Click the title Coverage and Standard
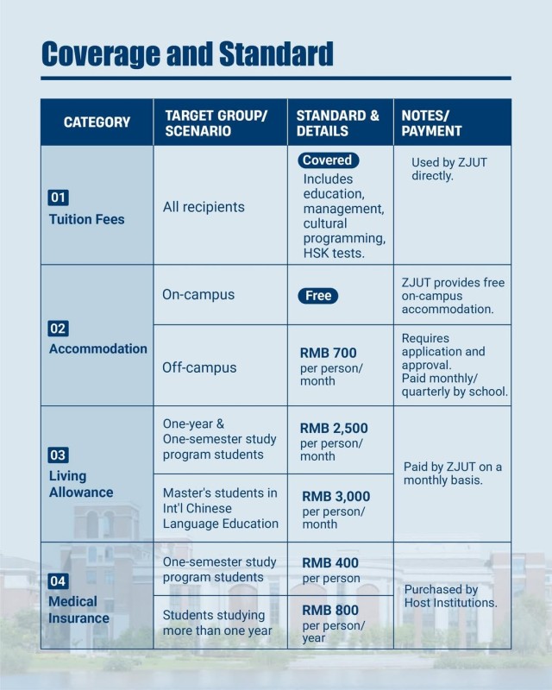coord(187,53)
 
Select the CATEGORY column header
coord(97,122)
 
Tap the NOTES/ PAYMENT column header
coord(431,122)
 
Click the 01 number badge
coord(58,198)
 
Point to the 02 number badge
coord(58,329)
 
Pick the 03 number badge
coord(58,455)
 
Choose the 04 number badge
coord(58,581)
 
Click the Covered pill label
coord(328,160)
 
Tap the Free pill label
coord(318,296)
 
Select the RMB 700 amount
coord(328,353)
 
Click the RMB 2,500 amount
coord(333,429)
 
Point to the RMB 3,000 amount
coord(336,497)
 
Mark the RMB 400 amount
coord(330,563)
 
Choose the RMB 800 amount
coord(330,611)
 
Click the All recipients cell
coord(204,207)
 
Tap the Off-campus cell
coord(199,367)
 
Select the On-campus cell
coord(198,295)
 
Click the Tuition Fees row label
coord(86,219)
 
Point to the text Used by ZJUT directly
coord(448,169)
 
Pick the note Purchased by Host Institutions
coord(450,596)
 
